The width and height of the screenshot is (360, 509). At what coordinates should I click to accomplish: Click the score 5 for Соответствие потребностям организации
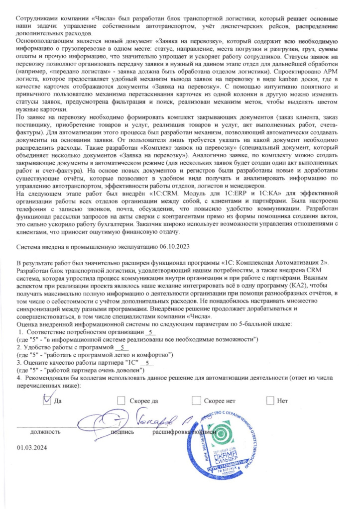[x=151, y=332]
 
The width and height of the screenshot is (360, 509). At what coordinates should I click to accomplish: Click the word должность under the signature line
[x=46, y=431]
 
